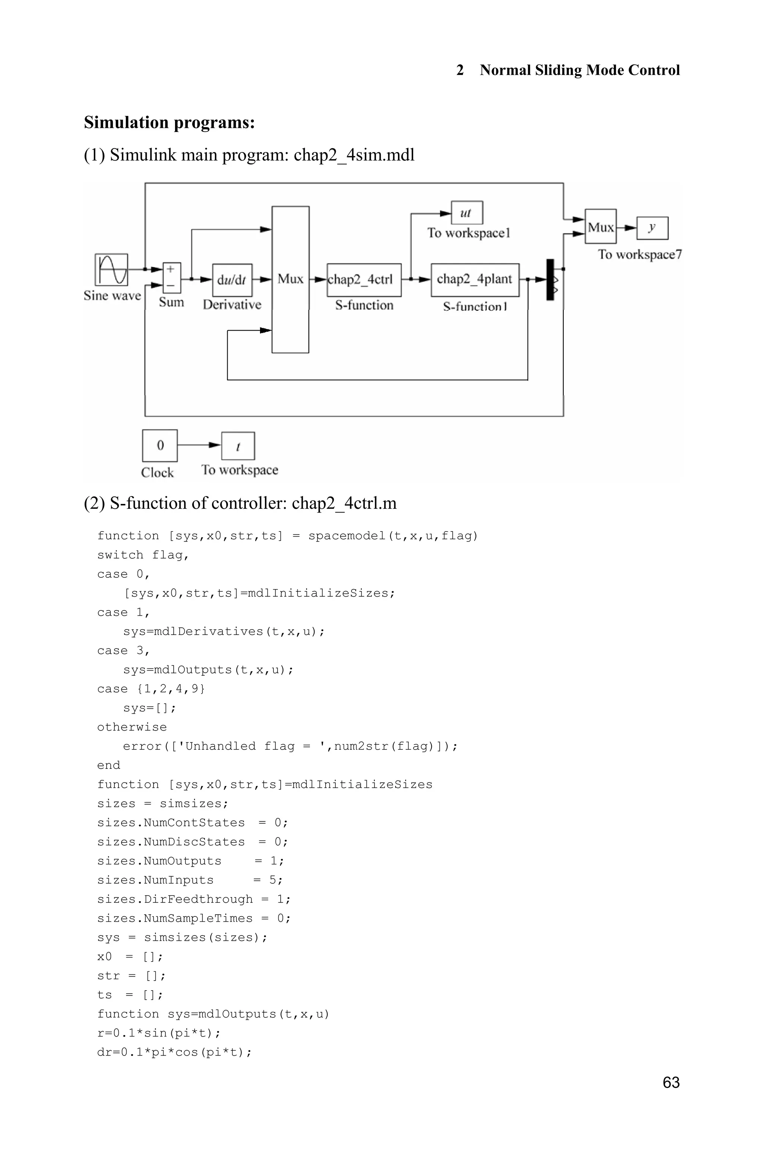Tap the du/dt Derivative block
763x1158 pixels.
point(232,280)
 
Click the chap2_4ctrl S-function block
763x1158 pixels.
point(364,280)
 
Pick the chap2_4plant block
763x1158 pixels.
point(475,280)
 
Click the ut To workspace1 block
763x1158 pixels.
point(467,213)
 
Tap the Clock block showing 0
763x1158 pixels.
point(159,445)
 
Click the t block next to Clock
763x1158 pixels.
point(238,446)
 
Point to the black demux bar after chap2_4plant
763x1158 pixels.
point(550,280)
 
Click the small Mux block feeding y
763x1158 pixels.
point(601,227)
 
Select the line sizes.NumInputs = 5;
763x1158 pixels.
point(190,880)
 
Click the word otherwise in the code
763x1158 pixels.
point(132,727)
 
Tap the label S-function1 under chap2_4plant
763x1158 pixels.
point(475,307)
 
